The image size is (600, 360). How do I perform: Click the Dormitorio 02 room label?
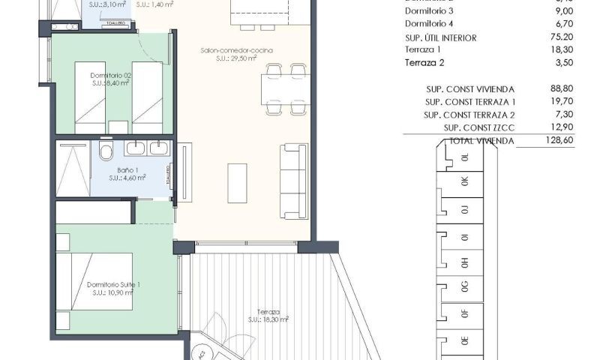click(x=111, y=75)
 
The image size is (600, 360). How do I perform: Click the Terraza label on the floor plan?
click(x=268, y=311)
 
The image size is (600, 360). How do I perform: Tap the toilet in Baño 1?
click(x=106, y=154)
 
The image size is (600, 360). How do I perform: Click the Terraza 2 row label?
click(x=425, y=63)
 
